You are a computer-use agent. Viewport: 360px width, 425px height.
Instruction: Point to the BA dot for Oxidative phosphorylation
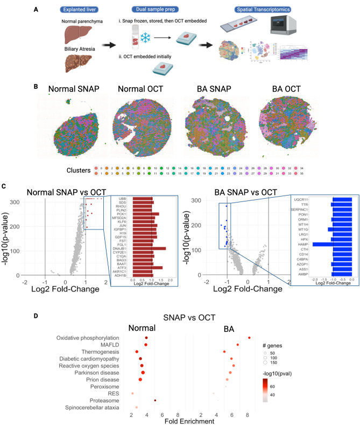tap(249, 338)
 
